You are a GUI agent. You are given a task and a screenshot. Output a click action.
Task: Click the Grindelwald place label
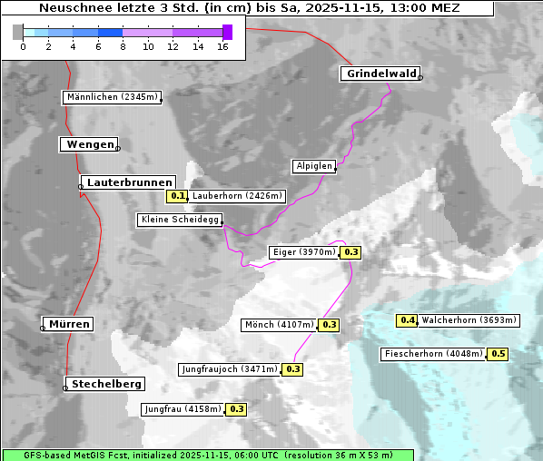point(380,74)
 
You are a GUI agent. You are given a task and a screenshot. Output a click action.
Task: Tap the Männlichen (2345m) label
point(112,97)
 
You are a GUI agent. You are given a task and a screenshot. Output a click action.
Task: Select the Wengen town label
point(89,144)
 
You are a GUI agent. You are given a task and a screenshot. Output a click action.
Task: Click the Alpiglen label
point(313,166)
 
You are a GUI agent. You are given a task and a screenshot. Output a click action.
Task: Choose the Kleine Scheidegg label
point(179,220)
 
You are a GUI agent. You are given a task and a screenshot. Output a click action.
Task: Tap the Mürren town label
point(69,324)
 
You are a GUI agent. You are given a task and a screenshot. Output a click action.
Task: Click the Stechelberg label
point(106,384)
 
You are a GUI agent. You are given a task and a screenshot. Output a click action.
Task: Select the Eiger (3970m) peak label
point(304,252)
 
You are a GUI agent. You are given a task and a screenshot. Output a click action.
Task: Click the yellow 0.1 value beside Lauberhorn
point(177,195)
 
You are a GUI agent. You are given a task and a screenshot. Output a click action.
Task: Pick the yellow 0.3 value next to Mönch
point(329,325)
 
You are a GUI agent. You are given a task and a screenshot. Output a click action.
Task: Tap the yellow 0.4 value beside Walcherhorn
point(408,320)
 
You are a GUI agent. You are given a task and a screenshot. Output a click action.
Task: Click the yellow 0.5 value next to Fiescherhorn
point(498,354)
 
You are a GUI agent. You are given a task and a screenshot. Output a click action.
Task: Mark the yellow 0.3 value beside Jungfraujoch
point(292,369)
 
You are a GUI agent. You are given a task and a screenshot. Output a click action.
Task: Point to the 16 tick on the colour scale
point(222,45)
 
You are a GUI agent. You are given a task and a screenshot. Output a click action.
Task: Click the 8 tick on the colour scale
point(123,45)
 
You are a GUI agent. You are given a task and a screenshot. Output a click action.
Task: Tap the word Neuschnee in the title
point(69,8)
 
